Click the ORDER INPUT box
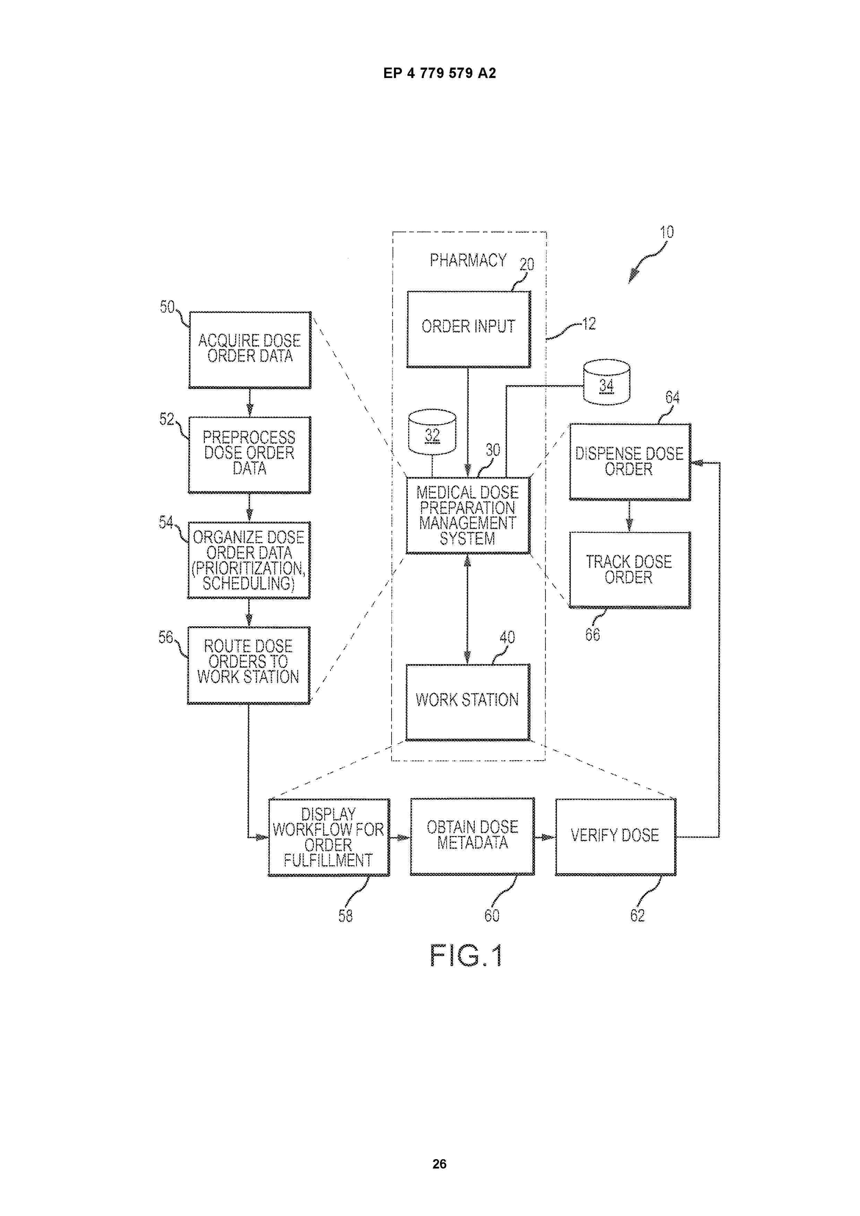(468, 329)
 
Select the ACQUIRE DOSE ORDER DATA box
(250, 350)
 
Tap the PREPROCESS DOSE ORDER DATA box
(249, 455)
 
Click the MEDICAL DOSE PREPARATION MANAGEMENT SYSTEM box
(468, 515)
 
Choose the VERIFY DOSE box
(615, 837)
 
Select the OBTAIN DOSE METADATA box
(472, 837)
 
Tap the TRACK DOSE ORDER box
(629, 570)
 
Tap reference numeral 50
(167, 307)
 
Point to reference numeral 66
(592, 634)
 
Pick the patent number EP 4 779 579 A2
(440, 73)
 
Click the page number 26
(439, 1164)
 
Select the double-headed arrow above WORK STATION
(467, 609)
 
